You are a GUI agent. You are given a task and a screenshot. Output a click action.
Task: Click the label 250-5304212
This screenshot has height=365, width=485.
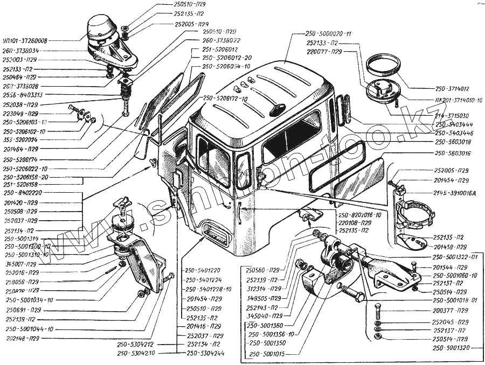tap(135, 345)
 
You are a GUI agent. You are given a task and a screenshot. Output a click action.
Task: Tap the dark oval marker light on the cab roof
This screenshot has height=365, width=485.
tap(276, 110)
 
